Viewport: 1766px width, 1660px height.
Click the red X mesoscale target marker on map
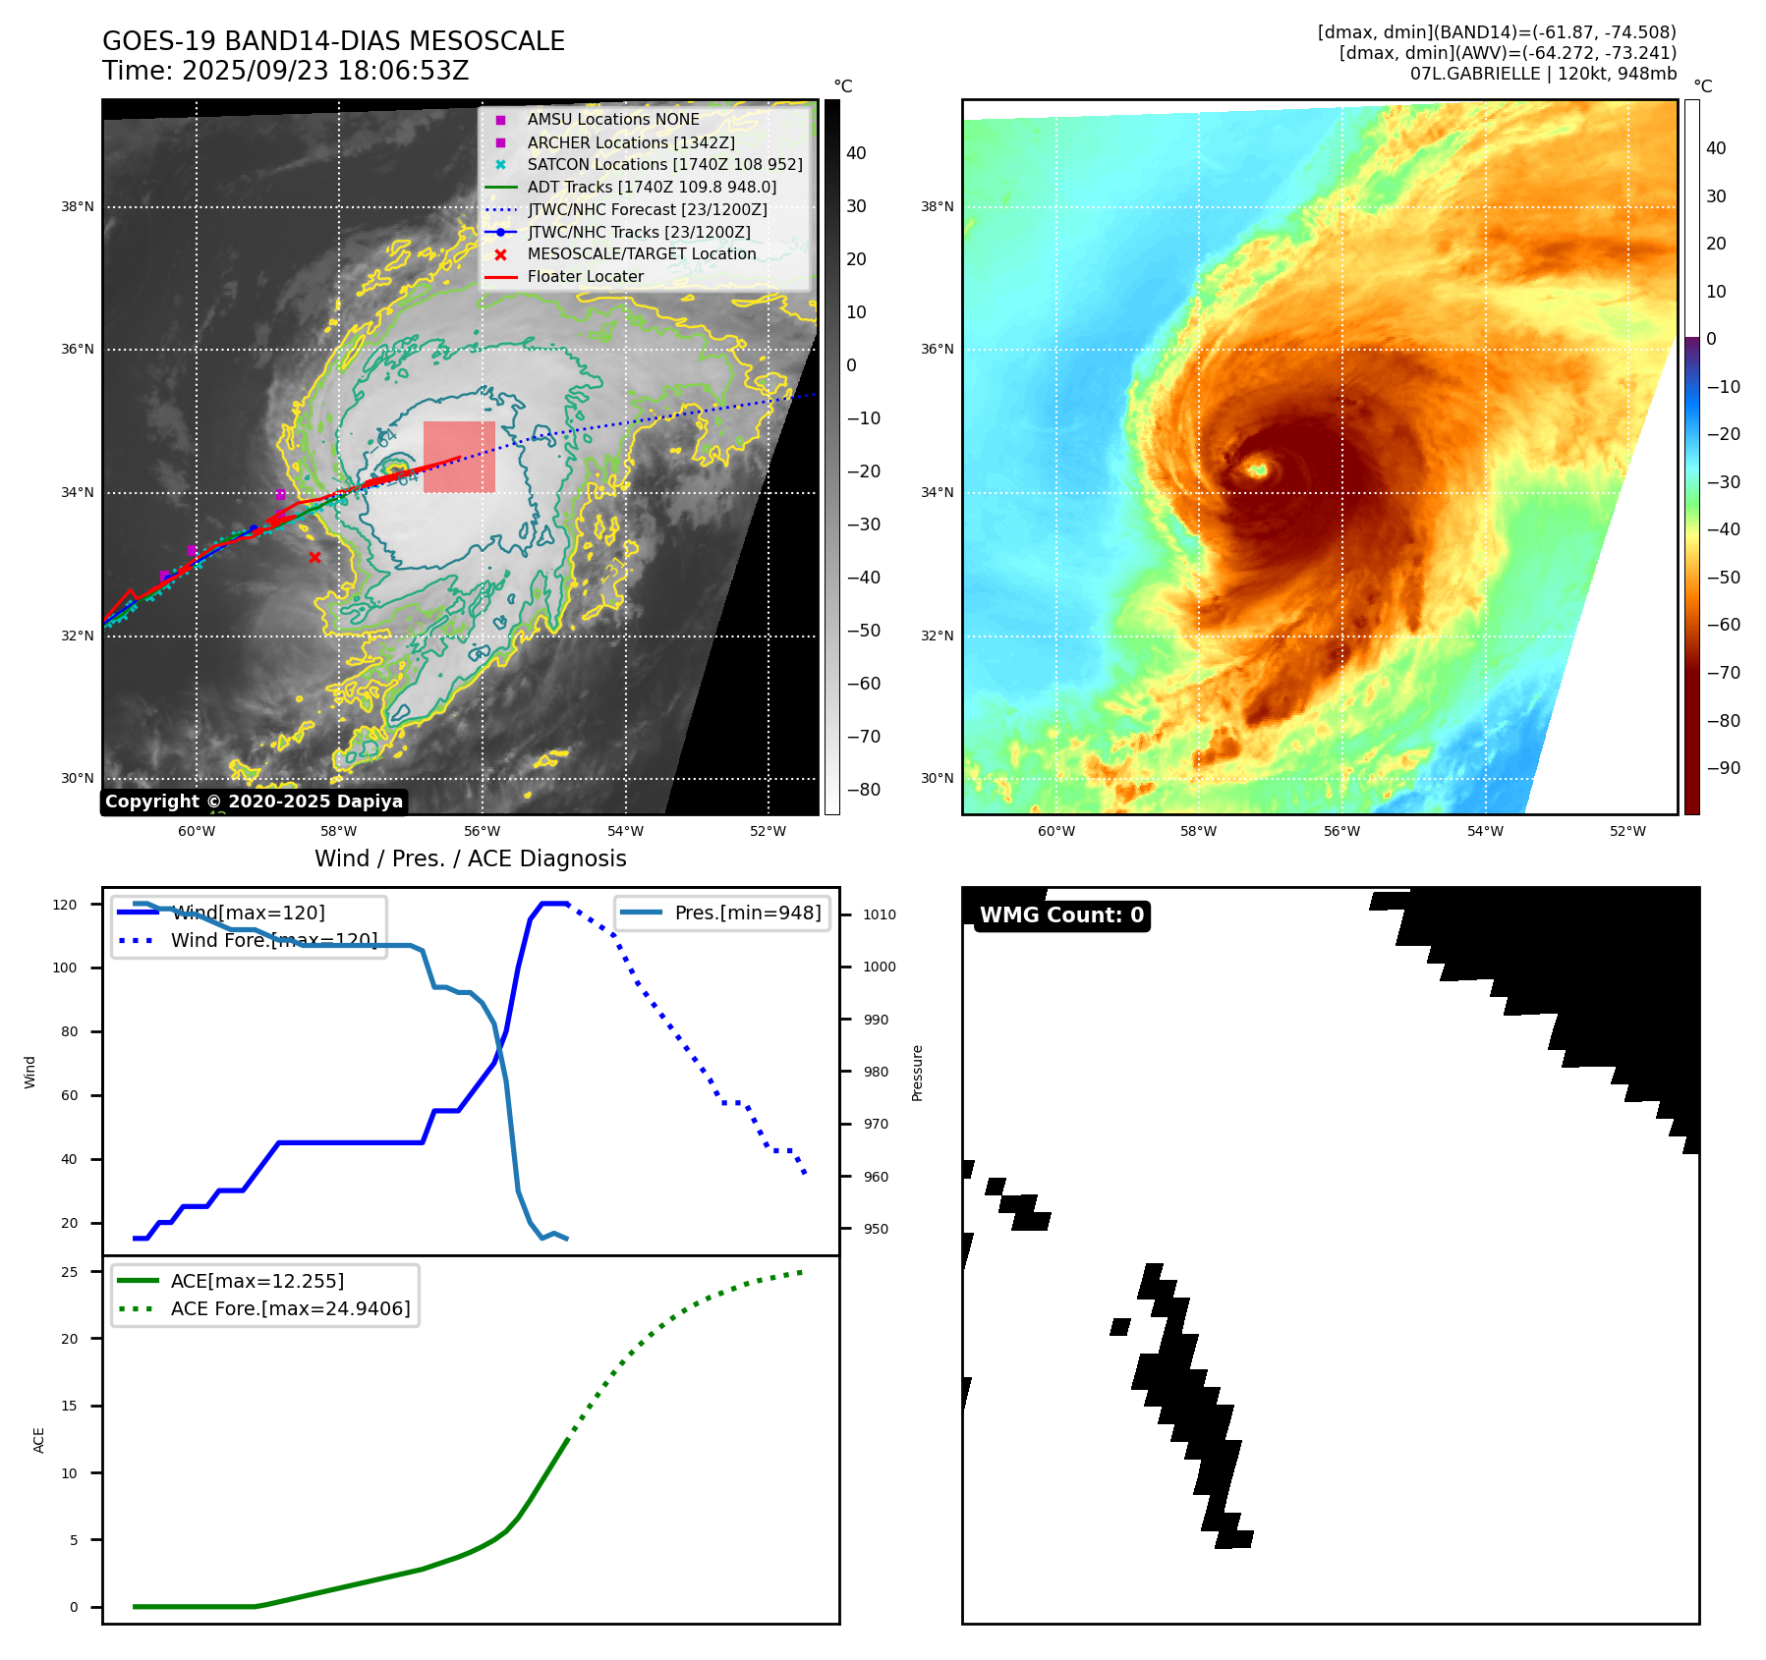click(314, 558)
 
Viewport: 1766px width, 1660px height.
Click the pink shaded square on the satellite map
click(459, 457)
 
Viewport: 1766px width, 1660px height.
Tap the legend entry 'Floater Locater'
click(585, 277)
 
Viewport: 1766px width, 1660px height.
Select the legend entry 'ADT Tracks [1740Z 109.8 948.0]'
click(652, 187)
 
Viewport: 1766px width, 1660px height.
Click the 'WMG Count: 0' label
click(1061, 915)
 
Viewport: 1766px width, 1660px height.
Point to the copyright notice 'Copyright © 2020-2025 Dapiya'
click(254, 802)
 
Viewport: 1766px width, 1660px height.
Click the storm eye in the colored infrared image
click(1257, 470)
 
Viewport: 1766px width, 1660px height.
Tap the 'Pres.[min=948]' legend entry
click(747, 913)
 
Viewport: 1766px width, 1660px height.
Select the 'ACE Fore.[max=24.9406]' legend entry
click(290, 1308)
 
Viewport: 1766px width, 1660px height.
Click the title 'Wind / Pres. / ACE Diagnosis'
click(470, 858)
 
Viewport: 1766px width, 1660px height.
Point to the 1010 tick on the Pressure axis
click(880, 914)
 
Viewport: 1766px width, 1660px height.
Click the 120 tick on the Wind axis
click(65, 905)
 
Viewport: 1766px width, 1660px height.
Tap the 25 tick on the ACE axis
click(70, 1272)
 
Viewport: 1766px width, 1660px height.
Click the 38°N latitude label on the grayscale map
click(78, 207)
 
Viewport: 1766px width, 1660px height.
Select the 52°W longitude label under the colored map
click(1627, 831)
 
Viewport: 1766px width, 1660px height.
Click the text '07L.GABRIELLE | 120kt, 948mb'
click(1543, 74)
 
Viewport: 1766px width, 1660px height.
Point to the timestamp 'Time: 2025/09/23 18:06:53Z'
click(286, 71)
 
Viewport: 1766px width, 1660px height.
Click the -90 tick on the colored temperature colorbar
click(1723, 768)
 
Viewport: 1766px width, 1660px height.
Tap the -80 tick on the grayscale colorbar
click(864, 790)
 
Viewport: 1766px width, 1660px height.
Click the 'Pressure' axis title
click(917, 1073)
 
